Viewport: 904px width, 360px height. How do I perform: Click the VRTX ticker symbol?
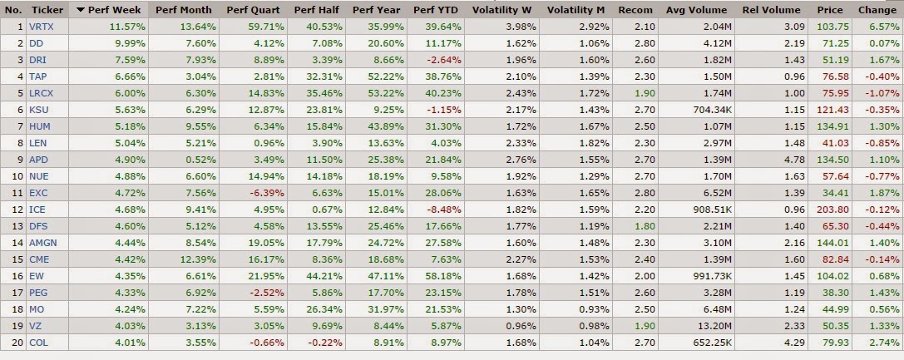tap(41, 27)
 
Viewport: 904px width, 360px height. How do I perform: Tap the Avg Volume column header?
tap(696, 10)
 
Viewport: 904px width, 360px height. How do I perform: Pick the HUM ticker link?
tap(38, 126)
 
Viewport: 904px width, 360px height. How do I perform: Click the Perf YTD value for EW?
tap(444, 276)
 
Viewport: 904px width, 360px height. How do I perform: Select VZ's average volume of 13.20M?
tap(717, 326)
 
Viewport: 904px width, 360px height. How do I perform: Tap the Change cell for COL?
tap(884, 343)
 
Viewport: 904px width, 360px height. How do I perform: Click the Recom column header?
tap(635, 10)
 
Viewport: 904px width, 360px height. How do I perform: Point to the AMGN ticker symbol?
tap(43, 243)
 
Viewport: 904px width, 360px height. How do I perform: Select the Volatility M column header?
tap(575, 10)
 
